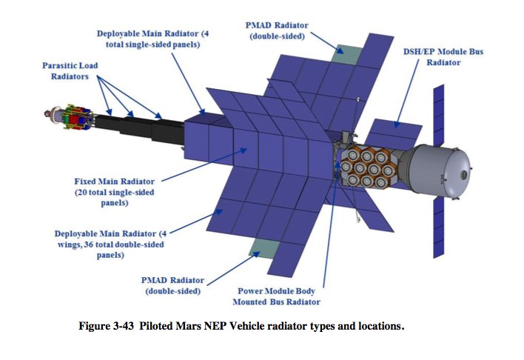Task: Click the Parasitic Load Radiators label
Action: coord(70,71)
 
